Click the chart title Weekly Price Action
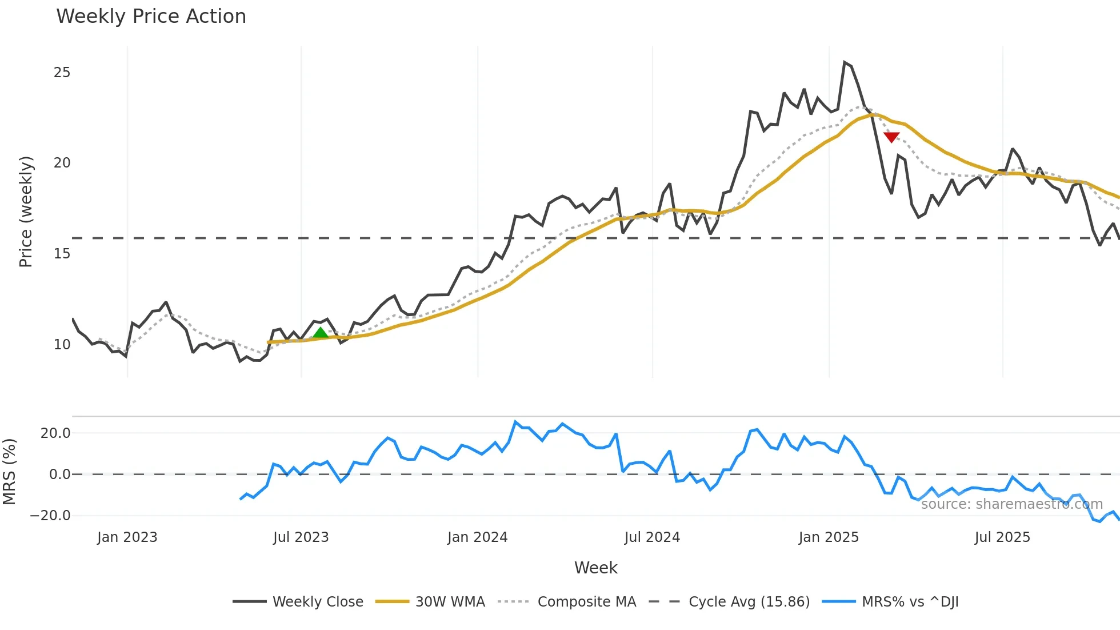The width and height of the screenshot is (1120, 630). click(151, 17)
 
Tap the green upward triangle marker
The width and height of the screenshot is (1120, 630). click(321, 333)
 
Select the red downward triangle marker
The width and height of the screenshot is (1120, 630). click(891, 137)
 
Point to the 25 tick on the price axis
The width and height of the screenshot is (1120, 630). click(62, 73)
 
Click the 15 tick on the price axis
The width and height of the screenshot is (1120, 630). click(62, 254)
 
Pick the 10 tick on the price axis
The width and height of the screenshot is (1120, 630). click(62, 345)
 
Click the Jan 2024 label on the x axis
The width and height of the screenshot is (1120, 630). click(477, 537)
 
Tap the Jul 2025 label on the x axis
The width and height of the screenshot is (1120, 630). click(1002, 537)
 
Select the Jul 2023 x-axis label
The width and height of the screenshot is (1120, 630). click(301, 537)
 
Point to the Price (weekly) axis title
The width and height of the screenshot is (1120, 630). click(26, 212)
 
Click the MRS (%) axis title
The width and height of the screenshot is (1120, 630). click(9, 472)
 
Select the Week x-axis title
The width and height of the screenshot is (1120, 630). click(595, 568)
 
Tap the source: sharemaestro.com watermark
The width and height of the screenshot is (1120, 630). click(1011, 504)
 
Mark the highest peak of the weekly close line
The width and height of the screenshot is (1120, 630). click(845, 62)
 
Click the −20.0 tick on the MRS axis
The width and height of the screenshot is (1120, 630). click(50, 516)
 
